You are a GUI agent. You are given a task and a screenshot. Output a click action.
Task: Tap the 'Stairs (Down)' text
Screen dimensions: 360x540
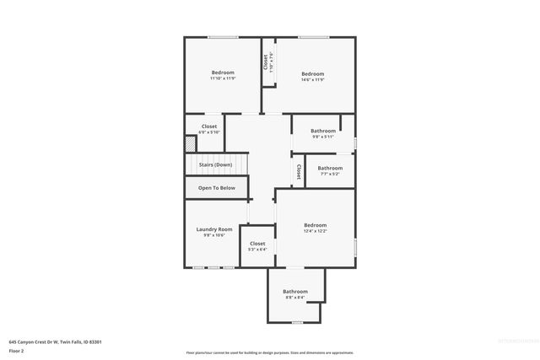215,164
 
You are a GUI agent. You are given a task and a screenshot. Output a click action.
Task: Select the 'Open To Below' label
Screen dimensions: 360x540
217,188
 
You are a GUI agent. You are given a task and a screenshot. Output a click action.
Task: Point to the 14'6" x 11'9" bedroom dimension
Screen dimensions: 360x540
313,79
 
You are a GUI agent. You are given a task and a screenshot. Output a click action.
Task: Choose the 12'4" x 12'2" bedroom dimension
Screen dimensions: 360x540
315,231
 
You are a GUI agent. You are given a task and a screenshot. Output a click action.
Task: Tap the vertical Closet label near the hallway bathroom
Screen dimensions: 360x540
298,171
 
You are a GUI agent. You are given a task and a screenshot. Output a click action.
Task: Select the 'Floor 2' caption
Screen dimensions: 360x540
16,350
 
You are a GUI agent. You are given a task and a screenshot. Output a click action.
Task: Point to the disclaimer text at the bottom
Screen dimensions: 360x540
270,352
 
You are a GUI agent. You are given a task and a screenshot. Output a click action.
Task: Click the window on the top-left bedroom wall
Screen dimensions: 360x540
223,37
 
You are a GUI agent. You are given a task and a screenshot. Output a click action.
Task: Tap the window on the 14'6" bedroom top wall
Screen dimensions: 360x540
313,37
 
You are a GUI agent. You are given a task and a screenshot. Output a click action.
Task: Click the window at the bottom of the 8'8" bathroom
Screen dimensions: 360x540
295,322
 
